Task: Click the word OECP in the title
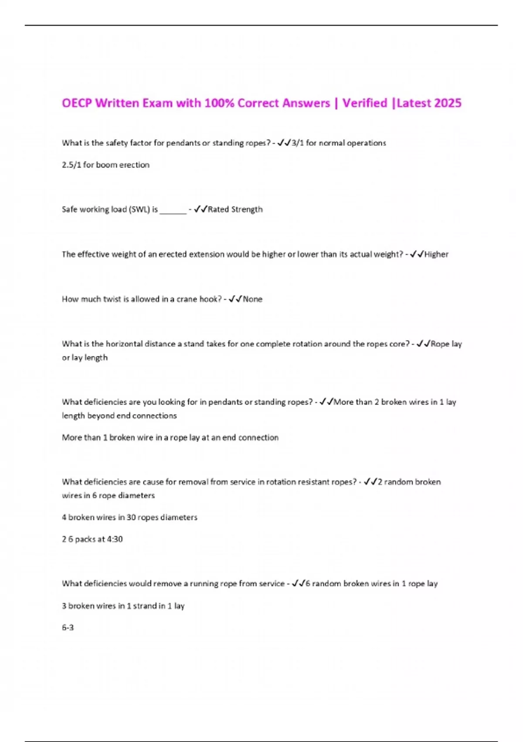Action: (x=77, y=103)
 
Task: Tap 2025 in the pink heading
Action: (x=448, y=103)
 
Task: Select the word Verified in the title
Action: (x=364, y=103)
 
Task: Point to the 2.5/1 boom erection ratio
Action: (x=71, y=165)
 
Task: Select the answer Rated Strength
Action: (x=235, y=210)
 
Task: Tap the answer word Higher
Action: (x=436, y=254)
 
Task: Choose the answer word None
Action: (x=252, y=299)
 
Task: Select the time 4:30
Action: (x=115, y=539)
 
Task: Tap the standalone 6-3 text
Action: (x=68, y=628)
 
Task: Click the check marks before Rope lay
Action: (x=423, y=344)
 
